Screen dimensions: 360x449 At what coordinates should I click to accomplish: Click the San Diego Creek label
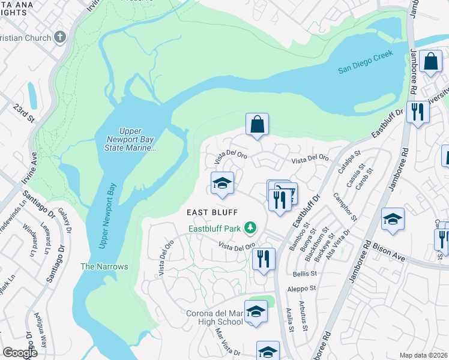point(365,62)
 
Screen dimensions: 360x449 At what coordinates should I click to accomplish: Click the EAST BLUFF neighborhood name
point(212,212)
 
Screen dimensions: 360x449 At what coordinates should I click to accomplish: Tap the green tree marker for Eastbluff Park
point(250,227)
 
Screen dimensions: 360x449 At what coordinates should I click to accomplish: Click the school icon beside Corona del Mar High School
point(256,312)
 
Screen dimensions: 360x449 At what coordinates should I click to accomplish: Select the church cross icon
point(59,37)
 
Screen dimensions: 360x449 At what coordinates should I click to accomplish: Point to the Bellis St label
point(304,273)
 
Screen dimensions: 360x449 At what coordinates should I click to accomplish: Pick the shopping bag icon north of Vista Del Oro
point(257,125)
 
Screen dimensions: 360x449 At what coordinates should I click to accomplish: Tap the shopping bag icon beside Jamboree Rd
point(430,61)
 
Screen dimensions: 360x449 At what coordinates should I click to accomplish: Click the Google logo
point(20,353)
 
